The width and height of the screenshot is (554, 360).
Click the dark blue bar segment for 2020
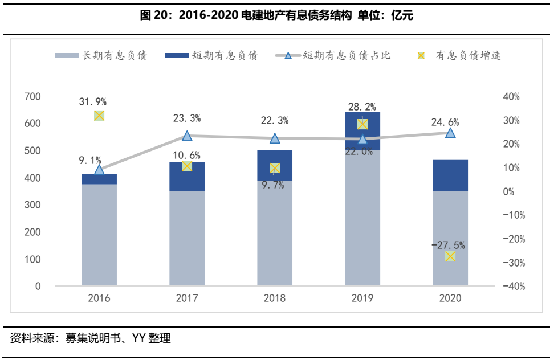450,175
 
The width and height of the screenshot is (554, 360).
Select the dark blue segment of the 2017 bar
187,177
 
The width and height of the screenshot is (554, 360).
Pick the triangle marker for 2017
187,136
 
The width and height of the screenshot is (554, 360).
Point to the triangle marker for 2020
450,133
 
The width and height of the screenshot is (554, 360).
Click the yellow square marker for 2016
99,116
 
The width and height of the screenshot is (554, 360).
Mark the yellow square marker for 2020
450,257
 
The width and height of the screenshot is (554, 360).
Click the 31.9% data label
93,102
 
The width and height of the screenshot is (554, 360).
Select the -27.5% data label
448,245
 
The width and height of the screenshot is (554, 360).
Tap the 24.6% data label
445,122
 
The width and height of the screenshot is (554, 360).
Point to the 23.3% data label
187,118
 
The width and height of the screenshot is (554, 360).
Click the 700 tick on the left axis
34,97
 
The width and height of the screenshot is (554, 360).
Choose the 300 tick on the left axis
34,205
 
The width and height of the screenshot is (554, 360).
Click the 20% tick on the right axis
511,144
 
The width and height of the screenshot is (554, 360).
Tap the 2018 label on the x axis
275,298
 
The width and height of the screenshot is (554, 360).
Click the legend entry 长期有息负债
101,56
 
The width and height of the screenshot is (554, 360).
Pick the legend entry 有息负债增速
460,56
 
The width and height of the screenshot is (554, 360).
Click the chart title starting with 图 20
276,16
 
